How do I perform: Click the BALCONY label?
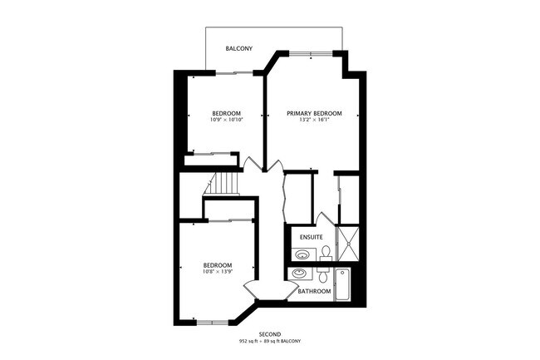pyautogui.click(x=239, y=48)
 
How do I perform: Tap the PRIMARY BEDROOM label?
pyautogui.click(x=314, y=113)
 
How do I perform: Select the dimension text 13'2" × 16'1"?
pyautogui.click(x=314, y=121)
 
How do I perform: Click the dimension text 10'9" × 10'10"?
pyautogui.click(x=227, y=120)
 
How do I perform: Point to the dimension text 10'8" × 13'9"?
pyautogui.click(x=218, y=271)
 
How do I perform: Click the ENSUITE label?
pyautogui.click(x=312, y=237)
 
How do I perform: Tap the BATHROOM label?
pyautogui.click(x=314, y=291)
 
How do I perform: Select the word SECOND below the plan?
pyautogui.click(x=270, y=334)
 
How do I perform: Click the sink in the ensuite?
pyautogui.click(x=303, y=254)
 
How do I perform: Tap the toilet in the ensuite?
pyautogui.click(x=326, y=254)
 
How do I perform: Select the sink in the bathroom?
pyautogui.click(x=300, y=274)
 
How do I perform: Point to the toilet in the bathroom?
pyautogui.click(x=323, y=274)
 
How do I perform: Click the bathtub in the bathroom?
pyautogui.click(x=342, y=284)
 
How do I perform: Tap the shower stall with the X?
pyautogui.click(x=347, y=244)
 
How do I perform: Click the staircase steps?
pyautogui.click(x=223, y=184)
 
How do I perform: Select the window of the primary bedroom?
pyautogui.click(x=311, y=53)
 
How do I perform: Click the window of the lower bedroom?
pyautogui.click(x=213, y=323)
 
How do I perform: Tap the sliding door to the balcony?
pyautogui.click(x=234, y=72)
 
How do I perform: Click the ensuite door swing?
pyautogui.click(x=324, y=219)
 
